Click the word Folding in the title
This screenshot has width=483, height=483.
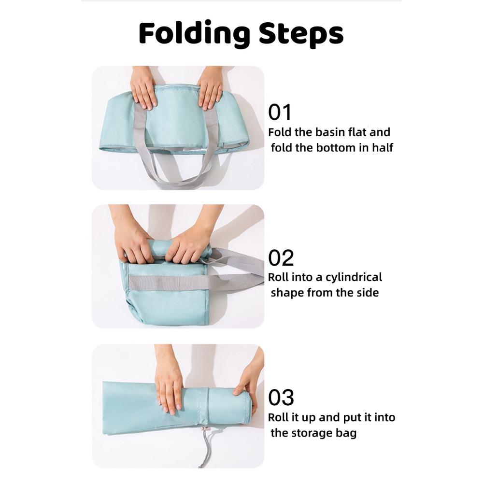pos(194,33)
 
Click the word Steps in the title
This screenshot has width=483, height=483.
pos(301,33)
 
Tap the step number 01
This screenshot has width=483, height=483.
pos(280,112)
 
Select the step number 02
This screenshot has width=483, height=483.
pos(281,258)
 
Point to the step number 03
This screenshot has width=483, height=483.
pos(281,398)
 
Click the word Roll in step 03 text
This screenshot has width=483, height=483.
pos(277,417)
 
